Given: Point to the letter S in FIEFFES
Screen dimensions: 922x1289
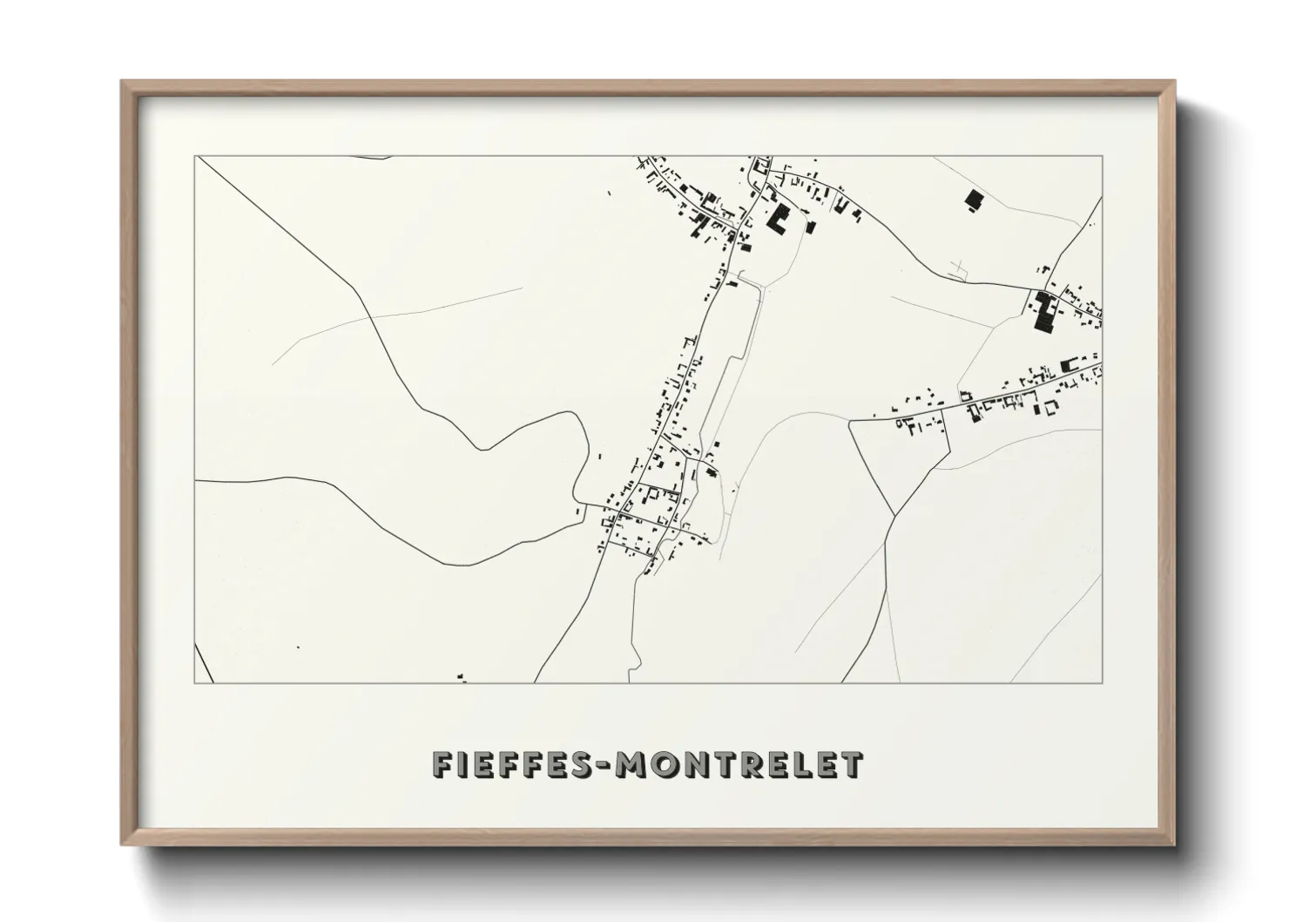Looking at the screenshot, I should tap(578, 765).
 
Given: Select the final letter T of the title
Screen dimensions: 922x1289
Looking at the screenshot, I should tap(852, 765).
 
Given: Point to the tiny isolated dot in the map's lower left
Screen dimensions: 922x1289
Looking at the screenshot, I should tap(298, 647).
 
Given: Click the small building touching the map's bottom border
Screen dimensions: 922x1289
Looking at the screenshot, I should tap(461, 675).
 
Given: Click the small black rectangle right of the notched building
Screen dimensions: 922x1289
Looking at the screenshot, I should tap(811, 227).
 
